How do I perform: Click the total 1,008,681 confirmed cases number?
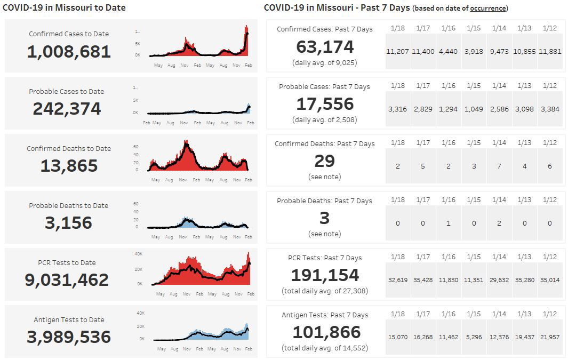[x=69, y=52]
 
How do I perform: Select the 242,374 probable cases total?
[x=67, y=109]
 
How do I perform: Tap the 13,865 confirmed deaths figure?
[x=69, y=166]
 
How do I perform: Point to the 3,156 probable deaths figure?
[x=68, y=223]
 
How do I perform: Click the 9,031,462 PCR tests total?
[x=67, y=280]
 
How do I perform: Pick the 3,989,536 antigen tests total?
[x=69, y=337]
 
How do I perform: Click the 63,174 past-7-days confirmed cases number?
[x=325, y=47]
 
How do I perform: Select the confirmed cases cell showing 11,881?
[x=550, y=52]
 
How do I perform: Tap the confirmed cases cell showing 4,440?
[x=448, y=52]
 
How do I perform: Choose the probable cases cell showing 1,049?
[x=474, y=109]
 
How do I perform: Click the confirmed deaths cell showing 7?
[x=499, y=166]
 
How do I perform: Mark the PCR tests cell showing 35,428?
[x=423, y=279]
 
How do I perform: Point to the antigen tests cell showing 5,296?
[x=474, y=337]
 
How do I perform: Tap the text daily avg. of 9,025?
[x=325, y=62]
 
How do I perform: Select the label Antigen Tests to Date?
[x=69, y=320]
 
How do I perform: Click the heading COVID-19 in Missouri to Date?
[x=64, y=8]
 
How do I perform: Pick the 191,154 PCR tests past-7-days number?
[x=325, y=275]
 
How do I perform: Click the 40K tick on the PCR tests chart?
[x=138, y=254]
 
